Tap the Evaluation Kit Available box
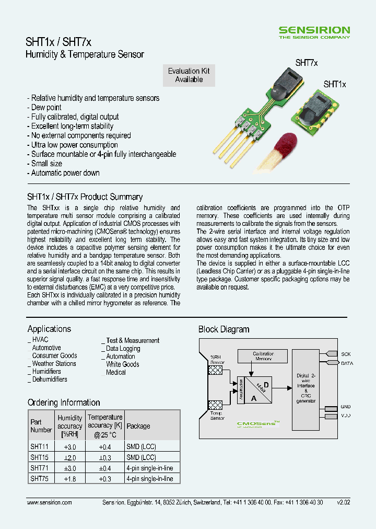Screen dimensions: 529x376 189,75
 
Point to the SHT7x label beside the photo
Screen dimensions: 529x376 307,62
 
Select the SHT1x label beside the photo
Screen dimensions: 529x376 335,84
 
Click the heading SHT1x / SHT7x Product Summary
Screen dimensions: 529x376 85,197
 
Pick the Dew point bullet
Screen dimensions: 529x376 46,107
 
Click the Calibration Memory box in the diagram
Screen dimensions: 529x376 263,356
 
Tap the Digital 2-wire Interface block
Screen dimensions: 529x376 305,388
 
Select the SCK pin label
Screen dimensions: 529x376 346,354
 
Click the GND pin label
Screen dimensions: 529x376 346,407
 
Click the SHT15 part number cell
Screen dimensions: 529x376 39,457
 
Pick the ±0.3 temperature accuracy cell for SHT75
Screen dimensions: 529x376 105,478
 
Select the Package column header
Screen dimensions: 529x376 138,426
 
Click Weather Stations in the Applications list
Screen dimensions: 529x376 54,363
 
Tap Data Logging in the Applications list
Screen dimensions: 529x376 123,348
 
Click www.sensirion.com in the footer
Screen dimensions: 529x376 49,502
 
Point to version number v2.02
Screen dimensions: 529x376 344,502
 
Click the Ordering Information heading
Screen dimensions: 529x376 64,402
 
